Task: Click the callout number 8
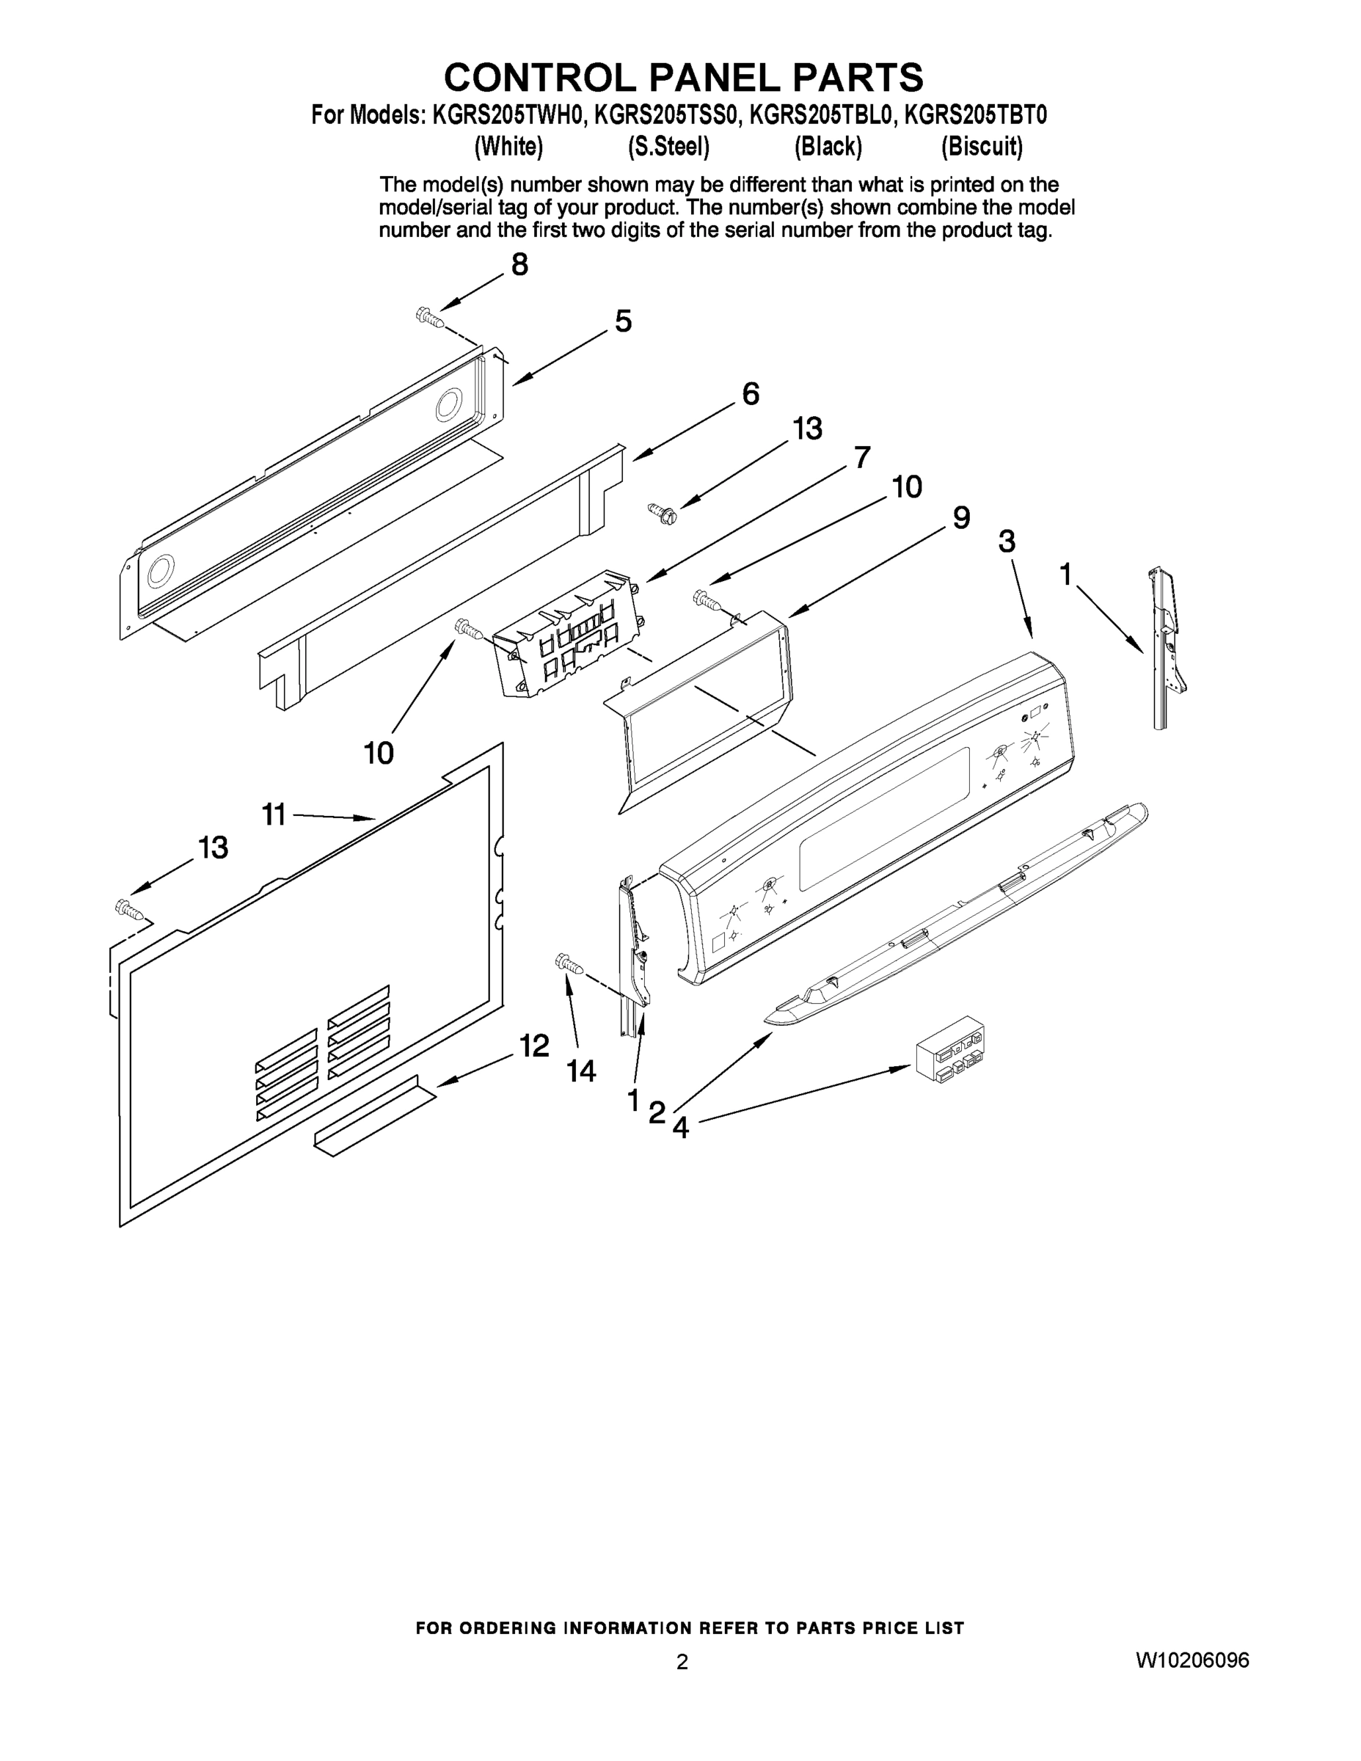(x=519, y=264)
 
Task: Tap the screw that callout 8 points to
(x=430, y=318)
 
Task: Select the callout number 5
(x=623, y=321)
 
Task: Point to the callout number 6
(x=750, y=394)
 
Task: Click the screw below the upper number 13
(x=661, y=510)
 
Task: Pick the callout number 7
(x=862, y=457)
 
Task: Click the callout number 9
(x=961, y=517)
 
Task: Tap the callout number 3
(x=1006, y=542)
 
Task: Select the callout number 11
(x=274, y=814)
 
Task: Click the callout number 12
(x=533, y=1046)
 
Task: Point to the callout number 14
(x=580, y=1071)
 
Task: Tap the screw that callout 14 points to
(x=569, y=963)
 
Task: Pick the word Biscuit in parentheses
(x=981, y=147)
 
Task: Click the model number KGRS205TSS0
(x=666, y=116)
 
